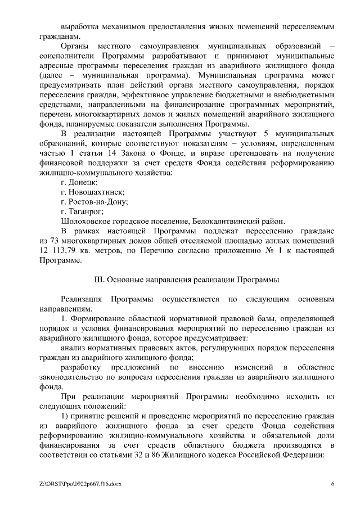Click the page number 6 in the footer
332,484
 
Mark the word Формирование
102,318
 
